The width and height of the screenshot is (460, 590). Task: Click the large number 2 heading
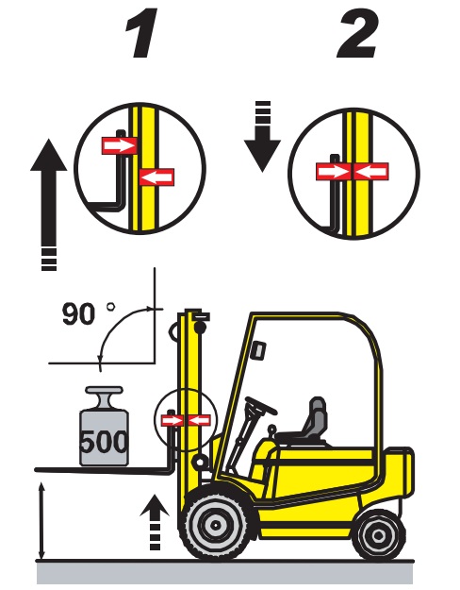[357, 33]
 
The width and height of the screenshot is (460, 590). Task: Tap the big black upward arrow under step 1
[49, 204]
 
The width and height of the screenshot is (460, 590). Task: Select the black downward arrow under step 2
[262, 136]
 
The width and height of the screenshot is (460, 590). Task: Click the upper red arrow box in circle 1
[120, 145]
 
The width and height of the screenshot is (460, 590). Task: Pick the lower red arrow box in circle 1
[156, 177]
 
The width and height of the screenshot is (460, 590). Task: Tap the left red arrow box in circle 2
[335, 172]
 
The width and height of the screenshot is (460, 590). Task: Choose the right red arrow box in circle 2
[371, 172]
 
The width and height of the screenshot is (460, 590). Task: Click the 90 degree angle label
[89, 313]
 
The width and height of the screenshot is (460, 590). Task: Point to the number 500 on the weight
[104, 442]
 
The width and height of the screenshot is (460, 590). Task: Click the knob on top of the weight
[104, 396]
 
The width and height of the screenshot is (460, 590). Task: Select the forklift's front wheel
[215, 524]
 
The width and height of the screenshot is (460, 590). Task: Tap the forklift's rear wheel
[378, 535]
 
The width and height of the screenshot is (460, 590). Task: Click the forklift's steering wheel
[261, 406]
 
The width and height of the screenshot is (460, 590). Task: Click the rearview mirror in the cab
[259, 349]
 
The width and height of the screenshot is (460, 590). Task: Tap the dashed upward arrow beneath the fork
[155, 523]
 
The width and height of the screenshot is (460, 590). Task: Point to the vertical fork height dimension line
[41, 522]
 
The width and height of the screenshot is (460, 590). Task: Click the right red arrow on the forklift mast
[200, 420]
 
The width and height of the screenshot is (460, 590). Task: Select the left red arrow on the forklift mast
[172, 420]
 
